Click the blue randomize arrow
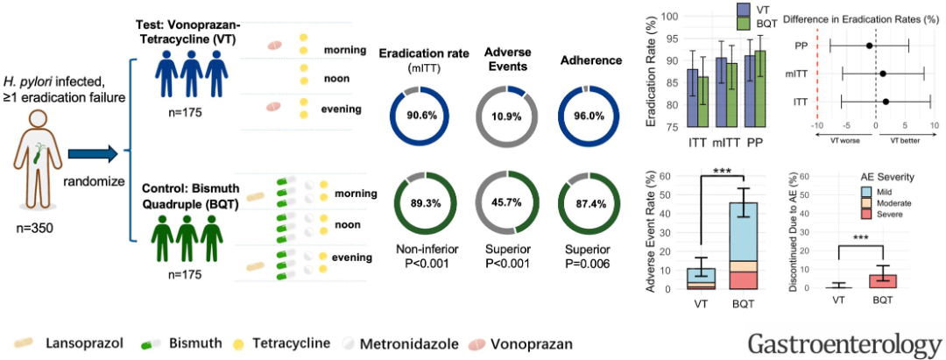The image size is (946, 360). coord(92,157)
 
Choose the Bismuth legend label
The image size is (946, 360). coord(195,342)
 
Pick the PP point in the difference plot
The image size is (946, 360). coord(869,46)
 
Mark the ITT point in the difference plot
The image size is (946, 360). coord(886,102)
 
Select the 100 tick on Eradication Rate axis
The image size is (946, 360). coord(669,17)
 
